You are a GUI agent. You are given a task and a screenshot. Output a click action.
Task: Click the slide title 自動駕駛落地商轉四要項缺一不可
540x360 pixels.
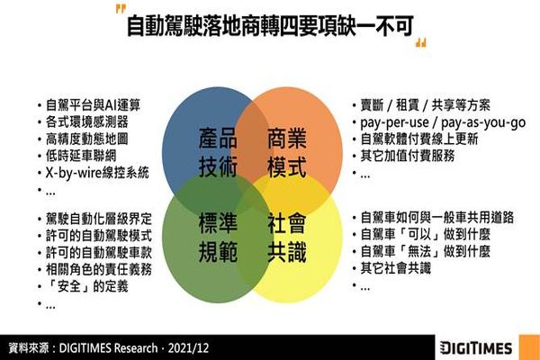270,26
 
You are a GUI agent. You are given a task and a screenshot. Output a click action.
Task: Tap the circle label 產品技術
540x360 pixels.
218,153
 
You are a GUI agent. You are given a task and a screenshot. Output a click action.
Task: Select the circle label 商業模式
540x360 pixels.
287,153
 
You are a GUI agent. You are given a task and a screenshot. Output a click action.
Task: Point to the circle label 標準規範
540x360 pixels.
218,238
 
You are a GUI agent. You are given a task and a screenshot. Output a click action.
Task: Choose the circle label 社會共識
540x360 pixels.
287,238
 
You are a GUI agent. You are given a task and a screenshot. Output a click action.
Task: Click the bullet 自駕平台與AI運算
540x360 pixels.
94,105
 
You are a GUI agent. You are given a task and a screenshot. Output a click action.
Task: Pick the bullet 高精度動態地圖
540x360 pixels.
87,139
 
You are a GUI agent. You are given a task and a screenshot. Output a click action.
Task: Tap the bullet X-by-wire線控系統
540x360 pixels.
97,173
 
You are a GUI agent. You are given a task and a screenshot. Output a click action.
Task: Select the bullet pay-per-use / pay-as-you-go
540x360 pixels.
443,123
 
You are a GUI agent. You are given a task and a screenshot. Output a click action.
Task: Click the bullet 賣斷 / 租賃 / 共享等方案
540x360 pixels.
426,105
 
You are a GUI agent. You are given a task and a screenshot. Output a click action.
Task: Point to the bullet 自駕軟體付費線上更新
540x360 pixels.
419,139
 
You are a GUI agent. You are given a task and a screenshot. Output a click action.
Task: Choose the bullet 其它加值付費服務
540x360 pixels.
408,156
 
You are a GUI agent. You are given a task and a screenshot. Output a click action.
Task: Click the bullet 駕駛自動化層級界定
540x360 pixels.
99,219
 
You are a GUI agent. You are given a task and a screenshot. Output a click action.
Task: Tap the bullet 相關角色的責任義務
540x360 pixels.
99,269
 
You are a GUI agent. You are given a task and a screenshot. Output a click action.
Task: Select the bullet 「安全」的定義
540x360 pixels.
87,286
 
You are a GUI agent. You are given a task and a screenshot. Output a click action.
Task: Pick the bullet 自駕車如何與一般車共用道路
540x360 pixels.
437,218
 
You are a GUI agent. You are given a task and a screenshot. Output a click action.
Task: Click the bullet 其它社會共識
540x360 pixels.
396,268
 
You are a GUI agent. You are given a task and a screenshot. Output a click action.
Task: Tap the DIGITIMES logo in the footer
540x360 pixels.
476,348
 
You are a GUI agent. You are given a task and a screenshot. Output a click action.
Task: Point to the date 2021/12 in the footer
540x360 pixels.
188,348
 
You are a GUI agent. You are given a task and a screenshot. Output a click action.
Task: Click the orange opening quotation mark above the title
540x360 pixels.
121,9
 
